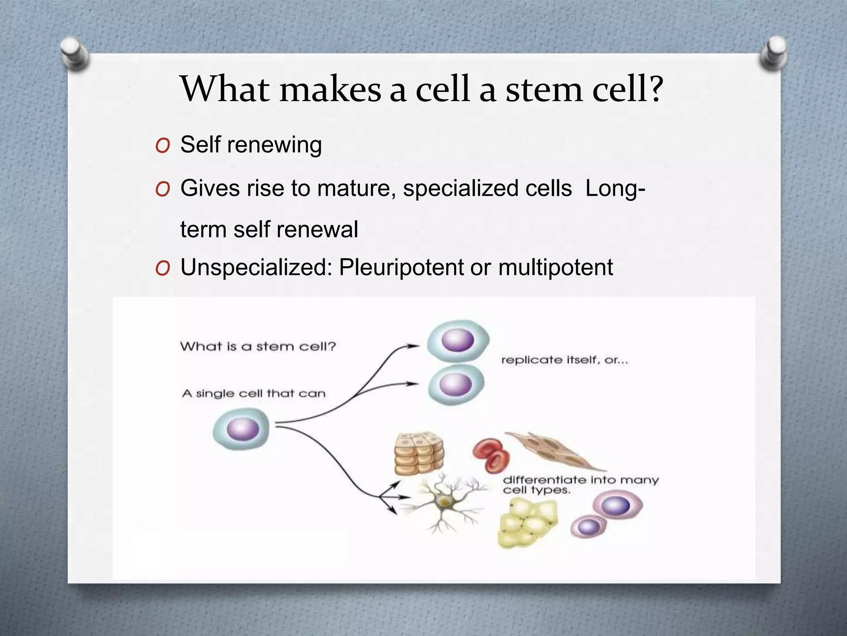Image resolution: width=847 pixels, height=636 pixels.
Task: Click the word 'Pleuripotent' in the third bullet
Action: pyautogui.click(x=401, y=267)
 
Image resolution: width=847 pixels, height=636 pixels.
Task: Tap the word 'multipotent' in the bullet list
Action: pyautogui.click(x=555, y=267)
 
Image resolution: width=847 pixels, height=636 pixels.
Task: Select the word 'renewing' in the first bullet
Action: pyautogui.click(x=274, y=145)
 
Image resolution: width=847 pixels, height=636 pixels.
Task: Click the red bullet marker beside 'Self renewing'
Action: pyautogui.click(x=163, y=146)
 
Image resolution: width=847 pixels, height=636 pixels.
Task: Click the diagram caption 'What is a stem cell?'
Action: pyautogui.click(x=258, y=346)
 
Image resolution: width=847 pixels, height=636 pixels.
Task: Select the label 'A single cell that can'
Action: pyautogui.click(x=254, y=393)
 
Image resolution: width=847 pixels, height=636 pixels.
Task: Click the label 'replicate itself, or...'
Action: pyautogui.click(x=565, y=360)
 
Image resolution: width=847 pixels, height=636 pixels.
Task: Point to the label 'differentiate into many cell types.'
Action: pyautogui.click(x=580, y=485)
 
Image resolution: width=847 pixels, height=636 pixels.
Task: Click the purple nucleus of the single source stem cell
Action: pyautogui.click(x=243, y=429)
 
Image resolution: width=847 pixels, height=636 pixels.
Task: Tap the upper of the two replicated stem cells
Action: pyautogui.click(x=457, y=341)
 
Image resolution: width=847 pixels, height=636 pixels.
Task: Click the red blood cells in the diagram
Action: pyautogui.click(x=491, y=455)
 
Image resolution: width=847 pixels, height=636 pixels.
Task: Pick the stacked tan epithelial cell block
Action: pyautogui.click(x=419, y=454)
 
